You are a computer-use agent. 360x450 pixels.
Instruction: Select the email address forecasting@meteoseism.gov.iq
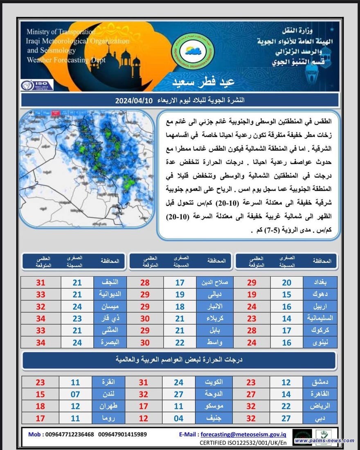click(x=250, y=434)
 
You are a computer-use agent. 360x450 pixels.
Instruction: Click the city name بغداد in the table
click(x=320, y=282)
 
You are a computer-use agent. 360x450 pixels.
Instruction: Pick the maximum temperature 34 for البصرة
click(x=40, y=342)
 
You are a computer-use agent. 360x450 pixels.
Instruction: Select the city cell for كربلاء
click(x=215, y=318)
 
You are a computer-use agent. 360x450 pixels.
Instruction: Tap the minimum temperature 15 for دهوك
click(x=286, y=294)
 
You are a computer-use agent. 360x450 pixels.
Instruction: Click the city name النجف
click(x=110, y=282)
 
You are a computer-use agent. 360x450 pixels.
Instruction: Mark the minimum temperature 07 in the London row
click(x=75, y=394)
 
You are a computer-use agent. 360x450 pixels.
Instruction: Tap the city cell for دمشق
click(x=320, y=382)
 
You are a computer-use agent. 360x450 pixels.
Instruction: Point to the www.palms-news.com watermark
click(x=324, y=440)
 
